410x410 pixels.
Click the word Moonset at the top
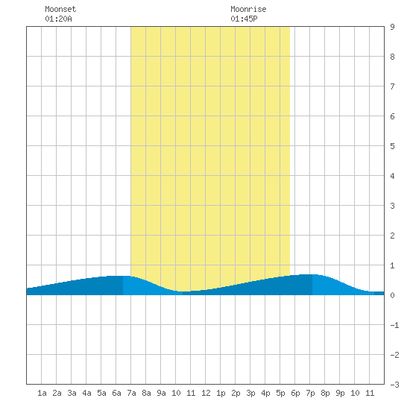click(x=60, y=9)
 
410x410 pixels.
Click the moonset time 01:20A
click(x=58, y=19)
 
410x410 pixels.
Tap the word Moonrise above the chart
click(x=248, y=9)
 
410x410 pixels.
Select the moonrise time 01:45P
click(x=244, y=19)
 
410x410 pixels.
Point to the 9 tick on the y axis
click(x=392, y=27)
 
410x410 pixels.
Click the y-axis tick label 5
click(x=392, y=146)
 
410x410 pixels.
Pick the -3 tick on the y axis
click(x=394, y=385)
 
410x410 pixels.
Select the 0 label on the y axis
click(x=392, y=295)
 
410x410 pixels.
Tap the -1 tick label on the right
click(x=394, y=325)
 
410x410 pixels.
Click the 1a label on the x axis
click(x=42, y=393)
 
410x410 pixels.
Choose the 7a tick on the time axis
click(x=131, y=393)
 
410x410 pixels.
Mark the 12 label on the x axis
click(x=206, y=393)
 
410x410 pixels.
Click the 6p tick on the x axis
click(x=295, y=393)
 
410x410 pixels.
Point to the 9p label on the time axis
click(x=340, y=393)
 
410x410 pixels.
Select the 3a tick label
click(x=72, y=393)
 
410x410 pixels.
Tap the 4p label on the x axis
click(x=265, y=393)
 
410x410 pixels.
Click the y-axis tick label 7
click(x=392, y=86)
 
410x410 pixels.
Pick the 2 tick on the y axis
click(x=392, y=236)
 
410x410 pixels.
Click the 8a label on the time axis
click(x=146, y=393)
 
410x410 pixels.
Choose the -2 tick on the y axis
click(x=394, y=355)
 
